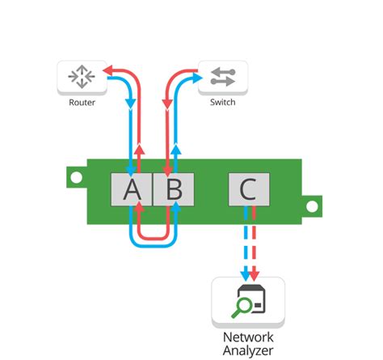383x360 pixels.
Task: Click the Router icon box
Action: (x=82, y=76)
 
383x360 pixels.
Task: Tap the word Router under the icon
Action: (x=82, y=103)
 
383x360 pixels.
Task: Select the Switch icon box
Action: (x=222, y=76)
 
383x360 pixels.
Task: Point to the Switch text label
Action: (x=222, y=103)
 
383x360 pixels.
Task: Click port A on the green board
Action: (x=131, y=190)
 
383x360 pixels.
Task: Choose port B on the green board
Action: (x=174, y=190)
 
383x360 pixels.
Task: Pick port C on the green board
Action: (x=248, y=190)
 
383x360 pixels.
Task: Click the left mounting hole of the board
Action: (x=74, y=175)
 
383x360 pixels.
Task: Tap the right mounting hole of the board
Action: (x=309, y=206)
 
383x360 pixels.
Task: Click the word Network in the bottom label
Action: (x=248, y=337)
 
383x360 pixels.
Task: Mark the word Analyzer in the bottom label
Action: (x=248, y=350)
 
